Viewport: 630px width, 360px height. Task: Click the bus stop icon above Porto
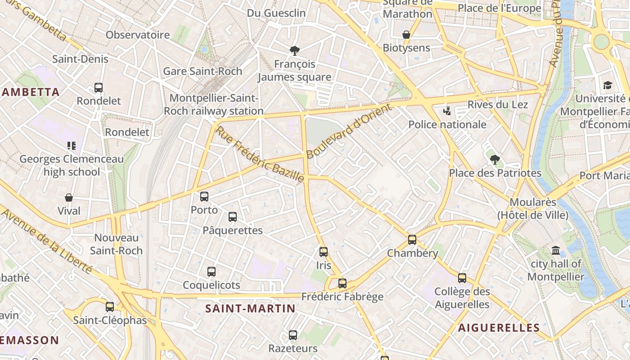(204, 197)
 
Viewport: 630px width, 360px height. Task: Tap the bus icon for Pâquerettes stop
(233, 217)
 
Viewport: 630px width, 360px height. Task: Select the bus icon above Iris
(324, 252)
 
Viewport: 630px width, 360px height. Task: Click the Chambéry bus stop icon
(412, 240)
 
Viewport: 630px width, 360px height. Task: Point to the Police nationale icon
(447, 111)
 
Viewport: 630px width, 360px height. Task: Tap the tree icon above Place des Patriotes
(495, 159)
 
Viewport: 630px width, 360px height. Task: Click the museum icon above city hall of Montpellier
(556, 250)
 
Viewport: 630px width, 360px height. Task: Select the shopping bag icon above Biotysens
(406, 35)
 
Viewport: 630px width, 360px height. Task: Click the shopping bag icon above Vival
(69, 198)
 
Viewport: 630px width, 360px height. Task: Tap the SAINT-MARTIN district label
(250, 309)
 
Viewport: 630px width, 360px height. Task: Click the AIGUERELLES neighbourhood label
(499, 328)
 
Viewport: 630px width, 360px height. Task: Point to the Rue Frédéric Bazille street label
(260, 154)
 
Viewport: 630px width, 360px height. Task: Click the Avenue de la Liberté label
(47, 241)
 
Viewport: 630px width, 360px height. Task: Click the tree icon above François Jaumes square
(295, 50)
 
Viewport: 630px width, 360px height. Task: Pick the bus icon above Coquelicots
(211, 272)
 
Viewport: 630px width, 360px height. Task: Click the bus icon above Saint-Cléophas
(110, 307)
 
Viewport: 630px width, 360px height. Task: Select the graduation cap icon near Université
(607, 85)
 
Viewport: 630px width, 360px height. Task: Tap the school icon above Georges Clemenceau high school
(72, 145)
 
